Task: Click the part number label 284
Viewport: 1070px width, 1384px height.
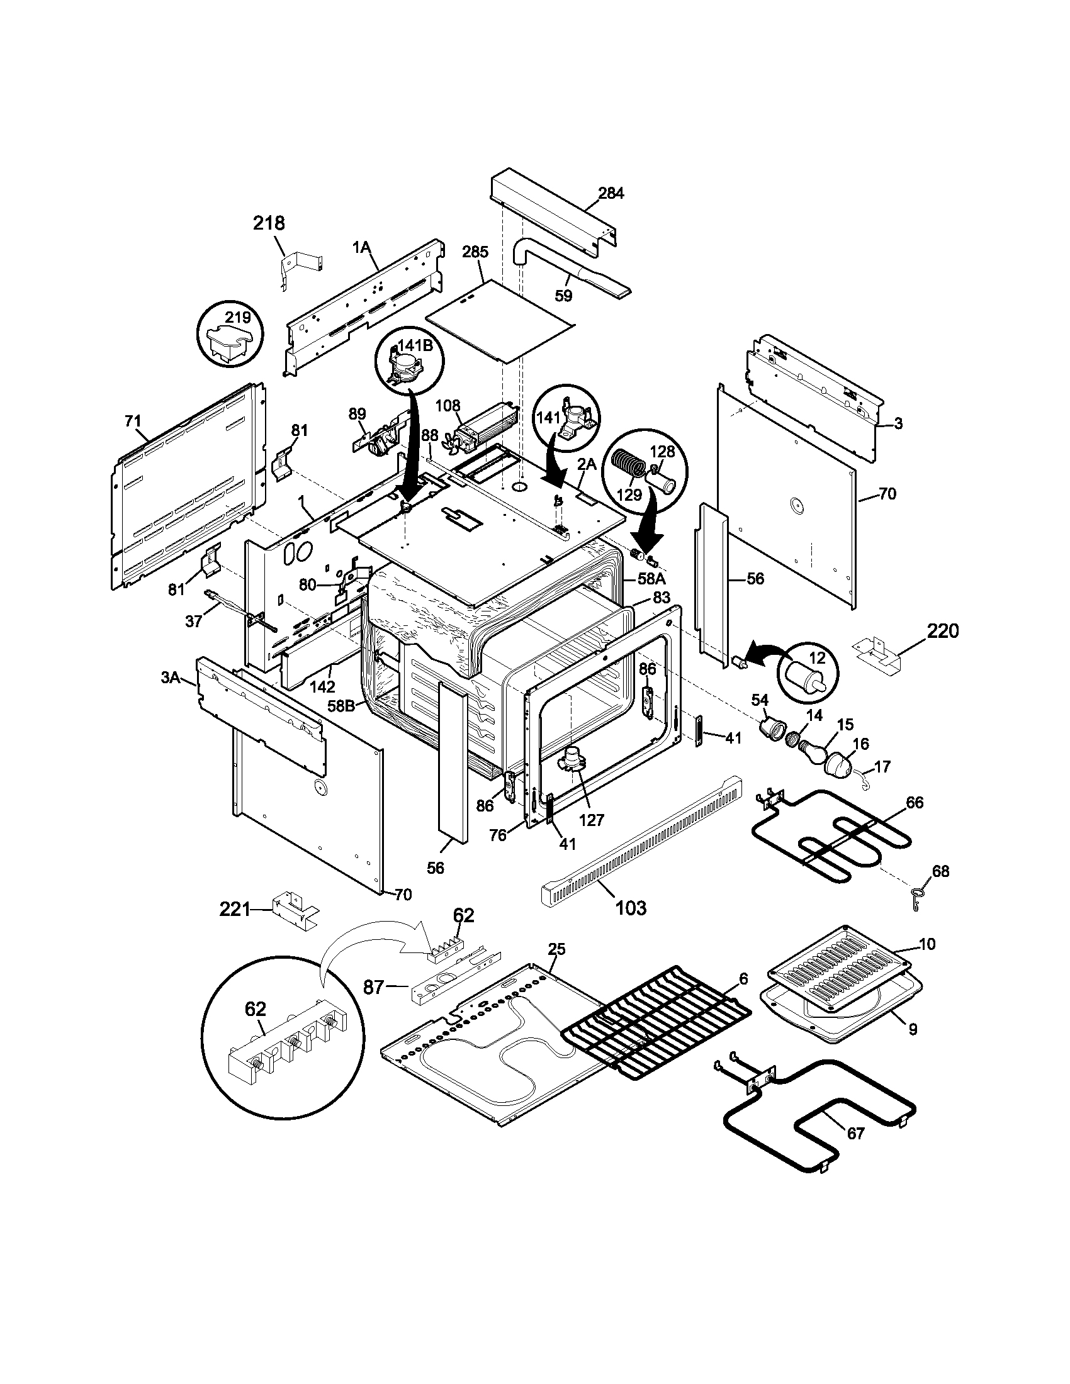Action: [611, 193]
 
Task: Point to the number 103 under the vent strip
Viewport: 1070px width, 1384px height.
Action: [631, 908]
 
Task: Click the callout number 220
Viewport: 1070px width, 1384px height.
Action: [943, 630]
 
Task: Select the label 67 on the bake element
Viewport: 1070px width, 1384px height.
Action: [856, 1133]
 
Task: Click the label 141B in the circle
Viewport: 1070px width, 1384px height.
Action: [415, 346]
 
